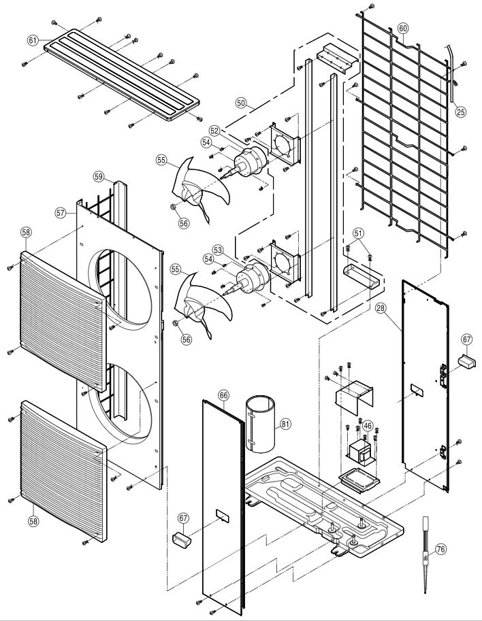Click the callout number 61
click(33, 40)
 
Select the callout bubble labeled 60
click(403, 29)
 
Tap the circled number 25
click(461, 112)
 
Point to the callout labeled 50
click(241, 103)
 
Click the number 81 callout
click(285, 424)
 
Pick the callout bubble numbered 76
click(440, 549)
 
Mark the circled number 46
click(368, 426)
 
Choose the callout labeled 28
click(381, 309)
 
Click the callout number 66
click(223, 395)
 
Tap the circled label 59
click(99, 177)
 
